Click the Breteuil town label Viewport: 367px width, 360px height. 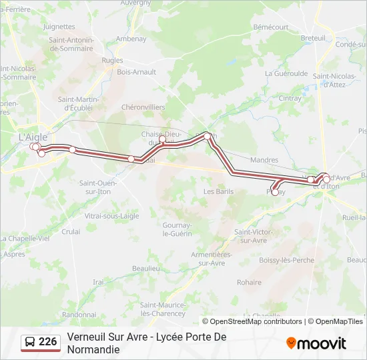click(312, 38)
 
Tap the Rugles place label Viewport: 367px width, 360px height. click(112, 60)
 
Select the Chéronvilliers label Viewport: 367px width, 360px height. click(143, 107)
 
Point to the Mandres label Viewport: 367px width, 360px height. click(264, 160)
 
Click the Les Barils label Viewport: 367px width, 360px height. click(218, 191)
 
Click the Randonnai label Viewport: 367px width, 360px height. click(79, 314)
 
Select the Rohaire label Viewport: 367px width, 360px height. click(249, 282)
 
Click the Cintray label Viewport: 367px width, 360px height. click(290, 98)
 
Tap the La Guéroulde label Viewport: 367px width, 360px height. click(286, 73)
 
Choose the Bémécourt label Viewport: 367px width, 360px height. click(270, 27)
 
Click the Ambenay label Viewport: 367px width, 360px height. click(131, 39)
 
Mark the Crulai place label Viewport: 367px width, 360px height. click(71, 231)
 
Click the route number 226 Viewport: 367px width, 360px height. click(47, 342)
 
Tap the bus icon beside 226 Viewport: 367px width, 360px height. click(30, 343)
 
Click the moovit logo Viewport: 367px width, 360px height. click(316, 343)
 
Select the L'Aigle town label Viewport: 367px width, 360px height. click(32, 136)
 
